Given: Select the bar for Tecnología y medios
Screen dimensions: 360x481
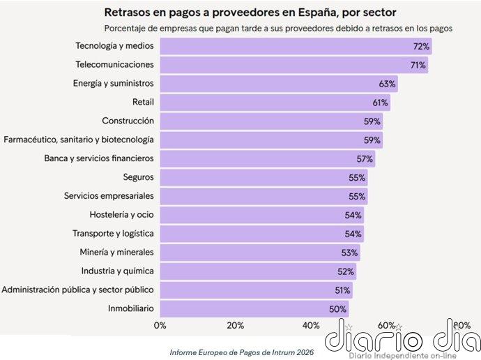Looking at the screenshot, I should click(293, 46).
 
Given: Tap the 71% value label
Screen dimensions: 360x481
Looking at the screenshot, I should click(418, 65).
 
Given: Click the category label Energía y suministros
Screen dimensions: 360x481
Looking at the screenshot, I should click(113, 83).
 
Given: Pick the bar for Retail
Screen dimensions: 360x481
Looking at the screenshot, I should click(272, 102).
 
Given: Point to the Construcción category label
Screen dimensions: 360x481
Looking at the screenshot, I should click(128, 121).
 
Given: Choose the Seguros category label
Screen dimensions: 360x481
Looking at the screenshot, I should click(138, 177).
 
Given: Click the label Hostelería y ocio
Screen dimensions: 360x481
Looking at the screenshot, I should click(121, 215).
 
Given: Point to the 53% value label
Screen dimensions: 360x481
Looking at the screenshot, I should click(350, 252).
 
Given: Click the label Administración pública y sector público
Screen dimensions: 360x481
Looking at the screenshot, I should click(78, 290).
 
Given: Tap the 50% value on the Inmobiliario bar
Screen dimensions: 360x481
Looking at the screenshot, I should click(338, 308).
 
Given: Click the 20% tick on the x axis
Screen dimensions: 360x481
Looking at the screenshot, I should click(236, 325).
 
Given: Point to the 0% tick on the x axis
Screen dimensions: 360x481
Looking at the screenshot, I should click(160, 325).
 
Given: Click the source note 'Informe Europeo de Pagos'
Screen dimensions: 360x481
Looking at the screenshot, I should click(241, 352).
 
